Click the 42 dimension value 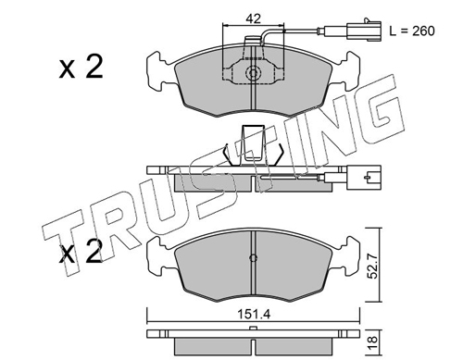[253, 19]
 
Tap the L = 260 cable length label [412, 31]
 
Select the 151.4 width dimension [254, 315]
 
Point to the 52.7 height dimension [373, 266]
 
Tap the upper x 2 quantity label [81, 67]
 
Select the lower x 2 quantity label [81, 252]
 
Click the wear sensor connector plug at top [364, 30]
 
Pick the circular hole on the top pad [253, 73]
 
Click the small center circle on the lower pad [253, 258]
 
